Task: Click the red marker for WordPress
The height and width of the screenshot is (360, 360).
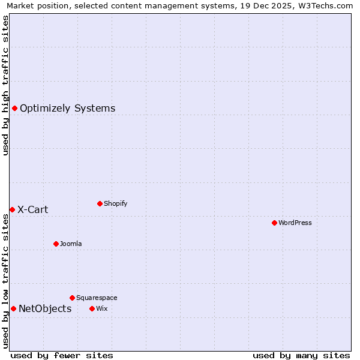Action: coord(274,223)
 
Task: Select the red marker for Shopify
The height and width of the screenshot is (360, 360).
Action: coord(100,203)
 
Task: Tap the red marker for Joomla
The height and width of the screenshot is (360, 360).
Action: coord(56,244)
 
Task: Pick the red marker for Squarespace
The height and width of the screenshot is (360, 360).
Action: coord(72,298)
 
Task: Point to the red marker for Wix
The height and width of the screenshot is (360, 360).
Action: coord(92,308)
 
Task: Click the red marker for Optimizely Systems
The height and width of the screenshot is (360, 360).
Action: coord(14,108)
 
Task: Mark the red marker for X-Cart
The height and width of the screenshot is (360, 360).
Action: coord(12,209)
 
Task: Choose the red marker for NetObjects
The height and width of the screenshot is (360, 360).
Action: coord(13,308)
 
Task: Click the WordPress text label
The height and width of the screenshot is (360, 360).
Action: coord(295,223)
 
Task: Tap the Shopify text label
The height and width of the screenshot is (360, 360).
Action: coord(116,203)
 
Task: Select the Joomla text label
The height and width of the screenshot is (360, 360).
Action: coord(71,244)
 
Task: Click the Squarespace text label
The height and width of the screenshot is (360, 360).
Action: coord(97,298)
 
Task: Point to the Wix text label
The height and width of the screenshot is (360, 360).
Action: coord(101,308)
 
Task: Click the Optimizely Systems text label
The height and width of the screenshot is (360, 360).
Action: coord(68,109)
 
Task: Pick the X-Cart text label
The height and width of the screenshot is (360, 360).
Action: coord(33,210)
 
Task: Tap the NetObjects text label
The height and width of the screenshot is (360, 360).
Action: coord(45,309)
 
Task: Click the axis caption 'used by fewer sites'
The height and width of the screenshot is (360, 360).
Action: coord(62,355)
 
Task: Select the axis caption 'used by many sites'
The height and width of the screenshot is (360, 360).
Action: coord(301,355)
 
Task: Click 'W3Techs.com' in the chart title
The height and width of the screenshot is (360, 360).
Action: coord(326,5)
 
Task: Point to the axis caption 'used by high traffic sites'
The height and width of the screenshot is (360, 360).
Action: coord(5,85)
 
